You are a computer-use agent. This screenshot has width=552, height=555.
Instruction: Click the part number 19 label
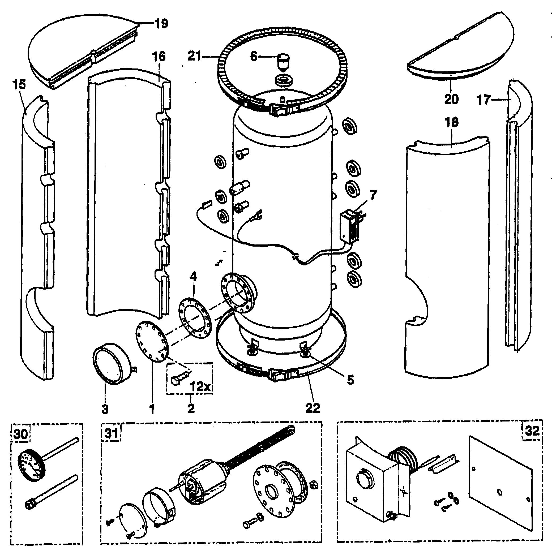(x=162, y=23)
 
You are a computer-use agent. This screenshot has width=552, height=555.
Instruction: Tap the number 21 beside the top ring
(x=194, y=56)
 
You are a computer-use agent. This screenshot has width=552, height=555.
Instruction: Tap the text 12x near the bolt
(x=200, y=387)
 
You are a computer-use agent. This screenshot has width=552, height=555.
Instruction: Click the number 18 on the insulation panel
(x=451, y=122)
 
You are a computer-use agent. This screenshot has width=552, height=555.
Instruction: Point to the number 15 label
(x=19, y=84)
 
